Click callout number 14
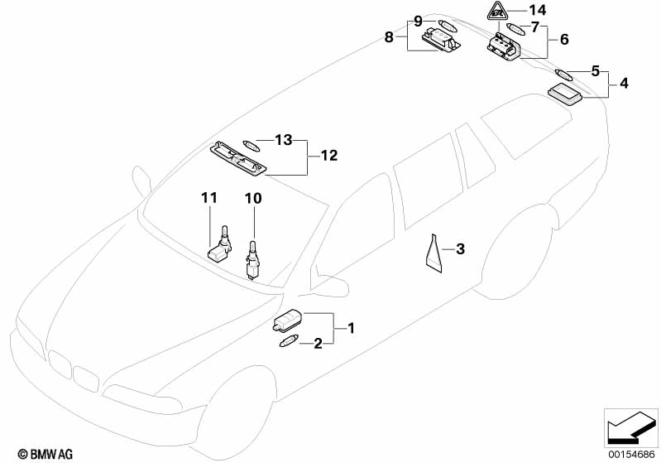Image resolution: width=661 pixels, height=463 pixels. coord(538,10)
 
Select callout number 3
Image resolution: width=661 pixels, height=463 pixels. coord(460,249)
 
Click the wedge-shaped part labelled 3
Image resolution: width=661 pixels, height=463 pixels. coord(433,253)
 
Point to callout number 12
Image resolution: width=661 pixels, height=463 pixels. coord(329,156)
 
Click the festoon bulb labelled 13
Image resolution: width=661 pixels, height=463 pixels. coord(251,146)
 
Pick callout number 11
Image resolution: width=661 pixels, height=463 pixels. coord(209,198)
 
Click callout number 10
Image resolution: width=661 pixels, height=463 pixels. coord(253,198)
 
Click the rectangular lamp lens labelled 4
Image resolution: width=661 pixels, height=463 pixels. coord(565,94)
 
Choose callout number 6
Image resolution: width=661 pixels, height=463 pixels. coord(564,40)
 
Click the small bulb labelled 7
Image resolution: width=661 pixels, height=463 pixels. coord(515,30)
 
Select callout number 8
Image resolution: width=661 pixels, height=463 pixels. coord(389,37)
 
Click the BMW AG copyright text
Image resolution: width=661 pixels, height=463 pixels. coord(46,454)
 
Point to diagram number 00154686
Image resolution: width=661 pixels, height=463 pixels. coord(631,454)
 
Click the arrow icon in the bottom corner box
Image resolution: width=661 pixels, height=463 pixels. coord(630,427)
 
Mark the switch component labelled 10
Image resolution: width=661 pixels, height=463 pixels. coord(251,259)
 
